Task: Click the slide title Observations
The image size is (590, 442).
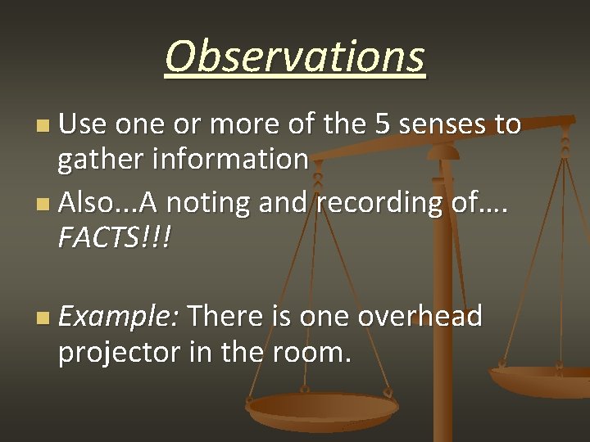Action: click(x=295, y=57)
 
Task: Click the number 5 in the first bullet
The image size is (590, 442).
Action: click(x=383, y=124)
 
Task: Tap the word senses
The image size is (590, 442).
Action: click(x=442, y=124)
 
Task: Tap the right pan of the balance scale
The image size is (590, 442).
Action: click(x=541, y=380)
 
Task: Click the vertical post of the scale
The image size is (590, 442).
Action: click(x=443, y=327)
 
